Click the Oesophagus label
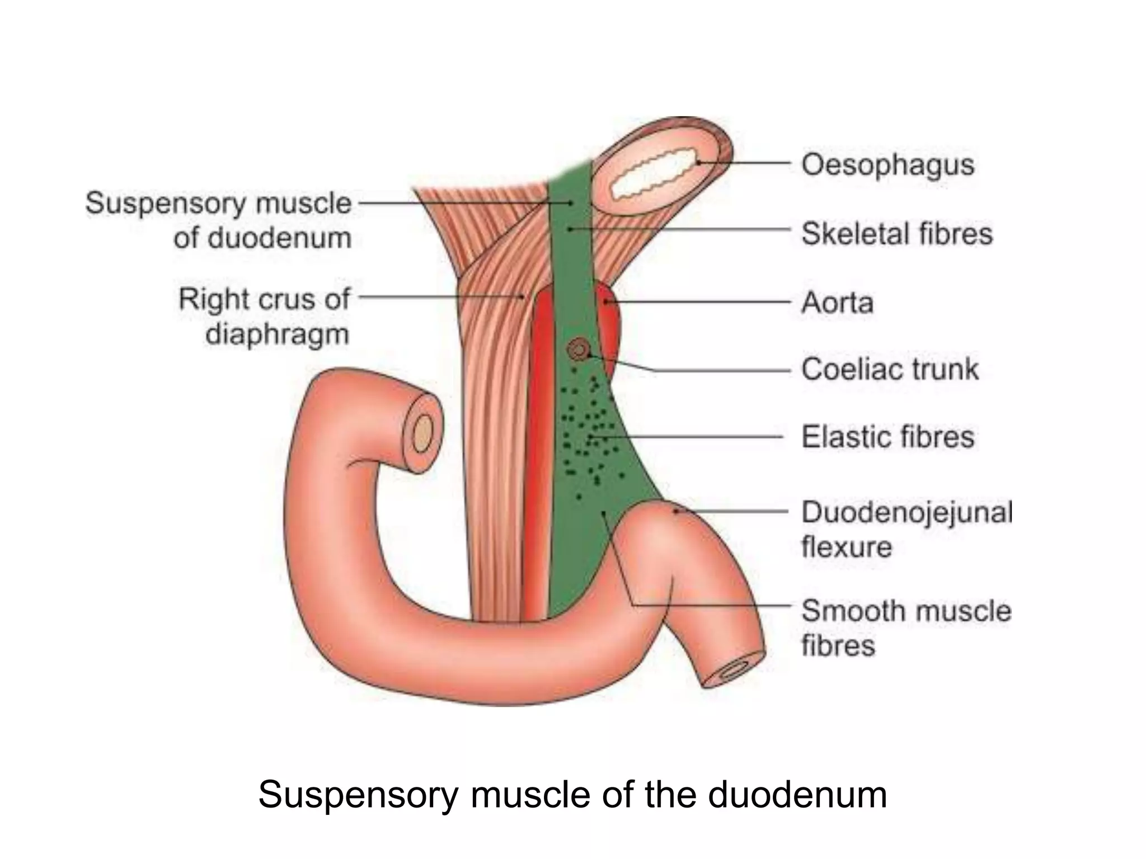point(887,166)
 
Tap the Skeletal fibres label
point(896,234)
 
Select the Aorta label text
point(837,303)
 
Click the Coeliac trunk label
point(890,370)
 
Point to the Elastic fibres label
point(887,437)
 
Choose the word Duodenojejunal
point(907,512)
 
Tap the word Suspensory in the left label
point(165,204)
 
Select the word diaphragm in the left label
point(277,334)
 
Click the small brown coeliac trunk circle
point(578,351)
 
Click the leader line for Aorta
point(699,303)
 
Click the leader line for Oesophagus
point(744,163)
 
